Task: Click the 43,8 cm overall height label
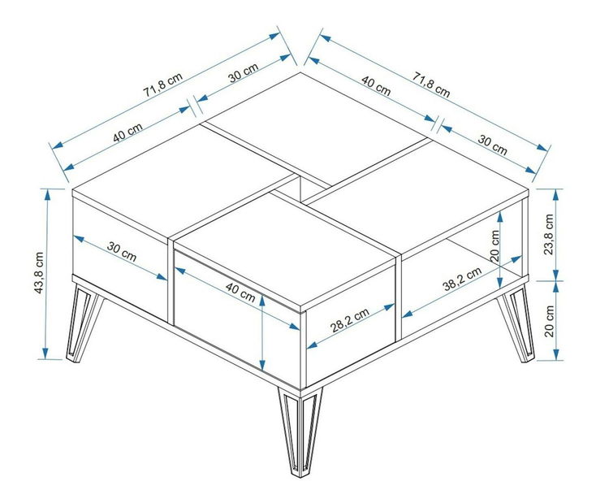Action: pos(39,272)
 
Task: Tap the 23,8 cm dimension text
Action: pos(548,234)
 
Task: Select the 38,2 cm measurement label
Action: pos(462,279)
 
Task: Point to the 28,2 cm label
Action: pos(350,320)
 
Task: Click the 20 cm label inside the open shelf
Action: pos(495,245)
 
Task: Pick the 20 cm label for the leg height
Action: pos(549,321)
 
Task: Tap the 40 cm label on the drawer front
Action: pos(240,293)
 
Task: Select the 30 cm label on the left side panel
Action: pos(122,252)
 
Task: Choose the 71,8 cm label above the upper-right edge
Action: pos(431,85)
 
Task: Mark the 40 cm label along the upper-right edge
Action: pos(376,85)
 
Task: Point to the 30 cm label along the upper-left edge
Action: pos(244,72)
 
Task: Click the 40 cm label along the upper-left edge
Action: pos(128,132)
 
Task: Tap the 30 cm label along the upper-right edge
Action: pos(492,145)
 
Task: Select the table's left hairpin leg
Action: pos(84,323)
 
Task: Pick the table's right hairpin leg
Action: pos(516,324)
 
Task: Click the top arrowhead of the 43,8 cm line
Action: pos(48,194)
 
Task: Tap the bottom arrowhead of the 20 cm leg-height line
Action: pos(556,353)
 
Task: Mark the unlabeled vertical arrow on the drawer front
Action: pos(262,332)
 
